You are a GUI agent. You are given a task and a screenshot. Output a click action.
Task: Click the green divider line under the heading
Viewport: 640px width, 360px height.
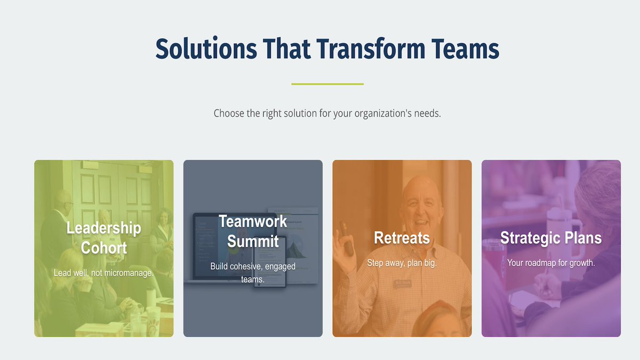click(x=327, y=84)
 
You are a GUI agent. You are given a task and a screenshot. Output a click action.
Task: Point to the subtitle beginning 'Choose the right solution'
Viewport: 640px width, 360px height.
click(x=327, y=114)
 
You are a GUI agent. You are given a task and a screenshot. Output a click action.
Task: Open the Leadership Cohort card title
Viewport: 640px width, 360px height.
click(x=103, y=238)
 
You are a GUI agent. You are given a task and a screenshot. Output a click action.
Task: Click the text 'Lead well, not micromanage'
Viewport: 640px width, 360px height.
click(x=103, y=273)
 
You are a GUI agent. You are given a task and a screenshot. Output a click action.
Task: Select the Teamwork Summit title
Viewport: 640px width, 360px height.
click(x=253, y=231)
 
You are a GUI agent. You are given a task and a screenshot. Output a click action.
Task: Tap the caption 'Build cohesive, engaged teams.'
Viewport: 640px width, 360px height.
click(x=253, y=272)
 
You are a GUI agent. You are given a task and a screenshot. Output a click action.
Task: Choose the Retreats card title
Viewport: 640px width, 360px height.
click(x=402, y=238)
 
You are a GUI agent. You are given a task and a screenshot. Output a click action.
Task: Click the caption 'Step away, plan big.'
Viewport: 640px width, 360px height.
click(x=402, y=263)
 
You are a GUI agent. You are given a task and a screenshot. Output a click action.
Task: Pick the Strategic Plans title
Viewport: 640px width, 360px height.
click(x=551, y=238)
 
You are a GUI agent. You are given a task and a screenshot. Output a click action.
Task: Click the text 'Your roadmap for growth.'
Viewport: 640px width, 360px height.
click(x=551, y=263)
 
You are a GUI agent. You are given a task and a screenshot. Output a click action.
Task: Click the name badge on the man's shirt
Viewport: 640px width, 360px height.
click(x=404, y=283)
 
